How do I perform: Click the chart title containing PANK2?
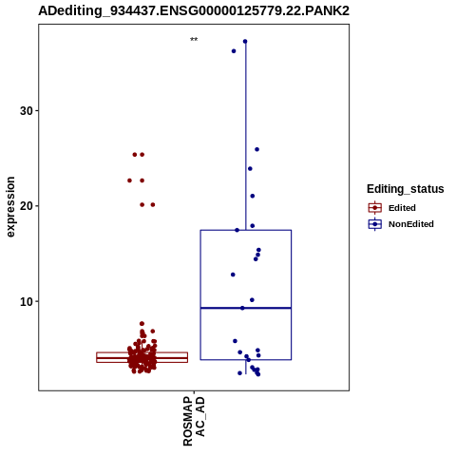(194, 10)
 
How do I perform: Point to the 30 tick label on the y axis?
(27, 111)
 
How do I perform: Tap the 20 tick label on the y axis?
(27, 206)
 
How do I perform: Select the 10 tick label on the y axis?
(27, 301)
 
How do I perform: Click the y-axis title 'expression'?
(10, 207)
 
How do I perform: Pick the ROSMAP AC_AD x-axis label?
(194, 421)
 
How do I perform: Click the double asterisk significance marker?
(194, 40)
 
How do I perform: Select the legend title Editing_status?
(406, 189)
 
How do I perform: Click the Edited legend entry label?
(402, 208)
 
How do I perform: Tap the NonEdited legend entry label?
(411, 224)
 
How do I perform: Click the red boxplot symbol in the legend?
(375, 208)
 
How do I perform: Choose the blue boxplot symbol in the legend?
(375, 224)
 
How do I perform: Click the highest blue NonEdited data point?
(245, 42)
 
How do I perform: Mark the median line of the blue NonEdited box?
(246, 308)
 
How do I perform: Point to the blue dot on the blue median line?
(242, 308)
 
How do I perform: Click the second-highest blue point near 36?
(234, 51)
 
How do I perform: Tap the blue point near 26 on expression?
(257, 149)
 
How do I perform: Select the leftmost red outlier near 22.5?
(129, 180)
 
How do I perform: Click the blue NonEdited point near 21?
(253, 196)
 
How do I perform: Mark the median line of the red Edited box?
(142, 358)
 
